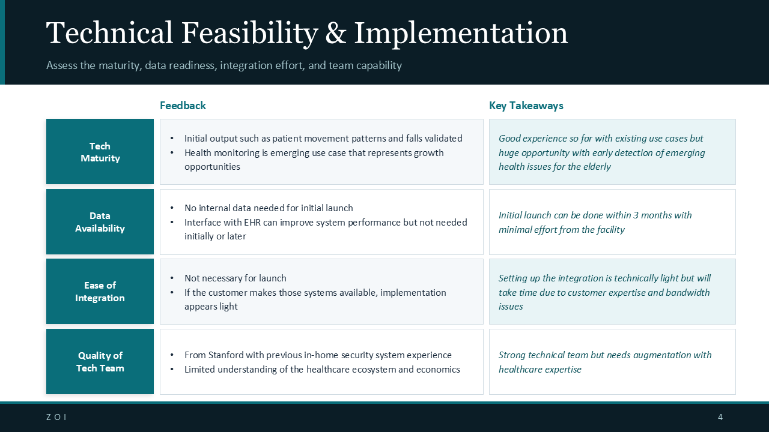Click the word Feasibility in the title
[249, 33]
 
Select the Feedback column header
[183, 106]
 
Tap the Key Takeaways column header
[526, 106]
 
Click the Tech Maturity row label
[100, 152]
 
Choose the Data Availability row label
[100, 222]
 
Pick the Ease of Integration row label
[100, 292]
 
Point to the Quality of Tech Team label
[100, 362]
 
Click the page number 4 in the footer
[720, 417]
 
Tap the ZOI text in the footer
[56, 417]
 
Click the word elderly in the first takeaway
[595, 167]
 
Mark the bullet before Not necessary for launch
[172, 278]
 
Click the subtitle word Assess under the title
[62, 65]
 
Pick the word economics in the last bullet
[438, 370]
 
